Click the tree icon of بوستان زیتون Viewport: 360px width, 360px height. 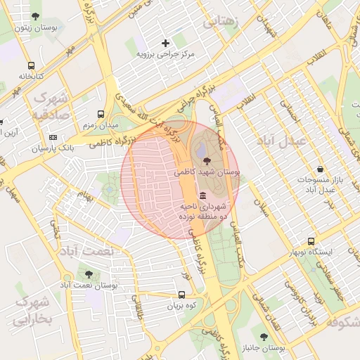pyautogui.click(x=36, y=16)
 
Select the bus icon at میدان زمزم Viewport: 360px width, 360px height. pyautogui.click(x=102, y=113)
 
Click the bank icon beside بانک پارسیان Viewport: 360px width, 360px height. pyautogui.click(x=53, y=137)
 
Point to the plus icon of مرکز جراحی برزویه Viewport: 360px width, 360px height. pyautogui.click(x=165, y=43)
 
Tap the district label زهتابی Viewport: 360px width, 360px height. pyautogui.click(x=221, y=22)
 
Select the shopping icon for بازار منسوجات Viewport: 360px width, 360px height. pyautogui.click(x=321, y=169)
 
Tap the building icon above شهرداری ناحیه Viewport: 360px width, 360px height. pyautogui.click(x=203, y=195)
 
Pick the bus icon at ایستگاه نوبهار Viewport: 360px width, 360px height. pyautogui.click(x=312, y=240)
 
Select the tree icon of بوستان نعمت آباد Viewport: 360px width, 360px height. pyautogui.click(x=88, y=274)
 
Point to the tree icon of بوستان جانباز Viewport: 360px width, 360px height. pyautogui.click(x=264, y=337)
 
